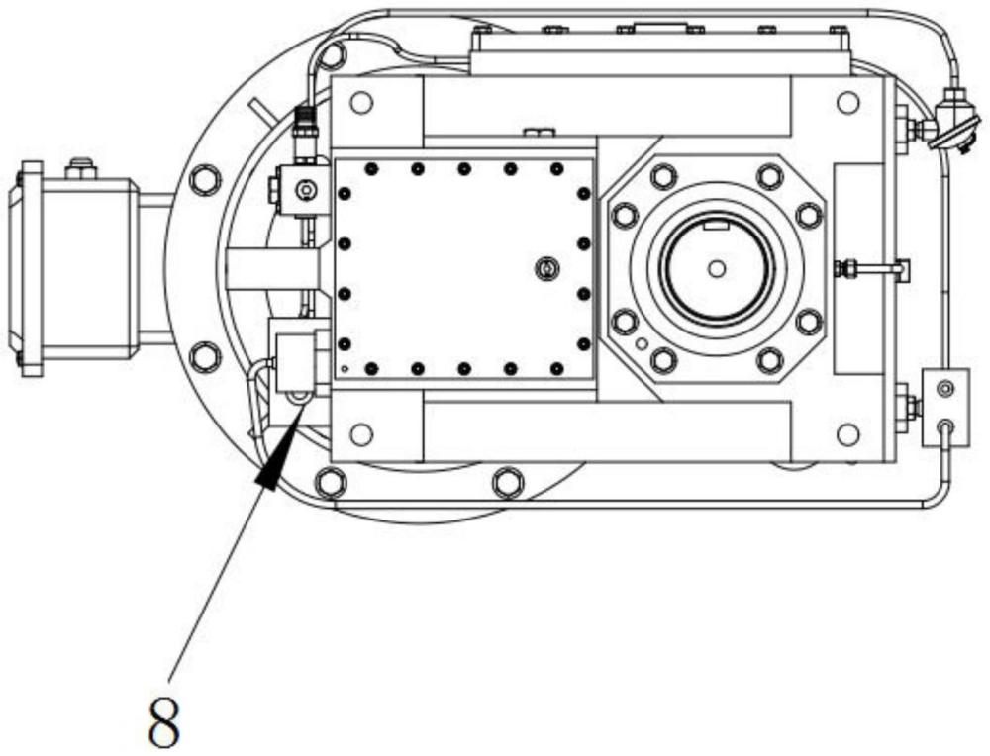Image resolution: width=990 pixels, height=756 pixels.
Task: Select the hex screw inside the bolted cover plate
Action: (x=546, y=269)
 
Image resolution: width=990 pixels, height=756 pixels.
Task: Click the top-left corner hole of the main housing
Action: (x=361, y=102)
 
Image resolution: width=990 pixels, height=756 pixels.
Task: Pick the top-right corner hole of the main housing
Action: (x=848, y=102)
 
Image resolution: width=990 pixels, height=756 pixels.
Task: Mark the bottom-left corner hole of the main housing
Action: (x=361, y=434)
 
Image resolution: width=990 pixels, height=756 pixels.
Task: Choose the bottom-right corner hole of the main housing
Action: (x=848, y=434)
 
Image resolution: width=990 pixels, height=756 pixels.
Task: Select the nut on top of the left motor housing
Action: (x=81, y=168)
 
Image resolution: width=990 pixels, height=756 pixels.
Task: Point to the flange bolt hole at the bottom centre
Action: (x=507, y=484)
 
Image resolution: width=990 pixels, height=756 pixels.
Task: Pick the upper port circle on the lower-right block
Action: (x=945, y=389)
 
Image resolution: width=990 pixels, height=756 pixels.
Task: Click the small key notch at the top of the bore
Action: (x=717, y=224)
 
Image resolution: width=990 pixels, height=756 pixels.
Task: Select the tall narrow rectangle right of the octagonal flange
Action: (x=858, y=269)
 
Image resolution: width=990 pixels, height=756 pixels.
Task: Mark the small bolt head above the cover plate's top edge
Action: (x=540, y=132)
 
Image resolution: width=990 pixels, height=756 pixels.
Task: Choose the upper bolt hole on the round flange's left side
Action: (x=205, y=180)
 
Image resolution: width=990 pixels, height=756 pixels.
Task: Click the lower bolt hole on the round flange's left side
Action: (x=205, y=356)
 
